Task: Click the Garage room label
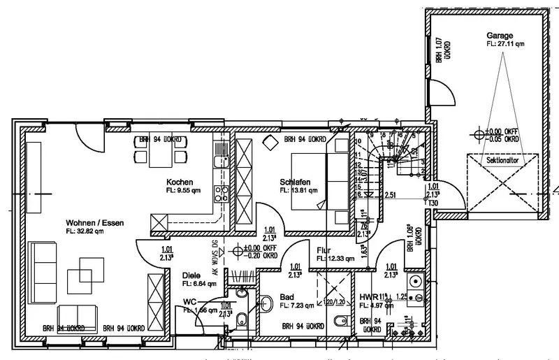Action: tap(500, 35)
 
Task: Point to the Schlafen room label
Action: tap(295, 182)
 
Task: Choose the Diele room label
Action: tap(191, 275)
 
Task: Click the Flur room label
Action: tap(324, 250)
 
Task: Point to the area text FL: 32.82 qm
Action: tap(85, 231)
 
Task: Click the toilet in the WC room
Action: tap(240, 321)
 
